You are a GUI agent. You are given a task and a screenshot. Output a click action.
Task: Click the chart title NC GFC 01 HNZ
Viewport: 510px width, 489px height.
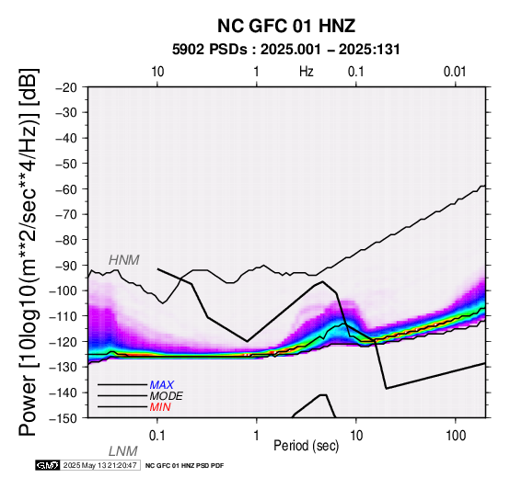click(x=286, y=26)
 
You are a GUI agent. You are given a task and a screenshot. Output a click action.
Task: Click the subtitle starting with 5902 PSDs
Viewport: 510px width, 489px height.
click(x=286, y=50)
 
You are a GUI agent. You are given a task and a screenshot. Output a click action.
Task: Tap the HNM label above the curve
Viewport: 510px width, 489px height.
click(x=124, y=260)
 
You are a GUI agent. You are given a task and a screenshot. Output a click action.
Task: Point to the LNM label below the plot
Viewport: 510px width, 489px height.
click(x=123, y=451)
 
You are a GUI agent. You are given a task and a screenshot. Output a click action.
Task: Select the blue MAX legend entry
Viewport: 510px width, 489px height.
click(x=162, y=385)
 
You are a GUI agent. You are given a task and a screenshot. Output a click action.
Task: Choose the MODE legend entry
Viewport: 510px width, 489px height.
click(x=167, y=396)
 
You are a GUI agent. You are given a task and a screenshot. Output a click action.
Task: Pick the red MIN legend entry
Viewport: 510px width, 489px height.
click(x=160, y=407)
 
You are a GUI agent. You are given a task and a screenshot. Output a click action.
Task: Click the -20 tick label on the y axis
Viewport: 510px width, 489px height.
click(x=66, y=87)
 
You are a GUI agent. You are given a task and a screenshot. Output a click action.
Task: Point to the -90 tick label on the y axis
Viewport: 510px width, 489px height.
click(x=66, y=266)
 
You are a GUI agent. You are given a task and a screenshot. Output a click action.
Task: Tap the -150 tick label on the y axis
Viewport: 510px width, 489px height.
click(x=64, y=418)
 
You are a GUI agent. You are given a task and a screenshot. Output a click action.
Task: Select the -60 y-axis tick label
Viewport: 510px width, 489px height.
click(x=66, y=189)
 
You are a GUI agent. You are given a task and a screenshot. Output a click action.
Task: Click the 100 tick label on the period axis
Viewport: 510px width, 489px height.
click(x=456, y=436)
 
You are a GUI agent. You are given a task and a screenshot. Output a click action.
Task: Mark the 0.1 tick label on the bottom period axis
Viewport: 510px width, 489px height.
click(x=157, y=436)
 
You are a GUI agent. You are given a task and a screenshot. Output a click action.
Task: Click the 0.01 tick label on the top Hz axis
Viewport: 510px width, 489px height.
click(x=455, y=72)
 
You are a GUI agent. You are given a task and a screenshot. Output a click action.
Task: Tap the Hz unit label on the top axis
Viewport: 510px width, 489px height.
click(x=307, y=72)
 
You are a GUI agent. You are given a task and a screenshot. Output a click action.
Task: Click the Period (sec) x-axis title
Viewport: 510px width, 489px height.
click(x=306, y=446)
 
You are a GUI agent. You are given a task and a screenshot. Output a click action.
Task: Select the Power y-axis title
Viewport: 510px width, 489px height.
click(x=29, y=252)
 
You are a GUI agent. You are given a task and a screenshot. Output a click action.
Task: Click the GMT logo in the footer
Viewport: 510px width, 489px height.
click(x=48, y=465)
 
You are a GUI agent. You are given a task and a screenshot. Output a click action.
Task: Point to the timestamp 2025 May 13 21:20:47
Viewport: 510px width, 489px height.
click(x=99, y=465)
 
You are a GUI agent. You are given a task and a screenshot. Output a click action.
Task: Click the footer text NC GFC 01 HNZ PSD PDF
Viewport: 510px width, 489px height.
click(x=184, y=466)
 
